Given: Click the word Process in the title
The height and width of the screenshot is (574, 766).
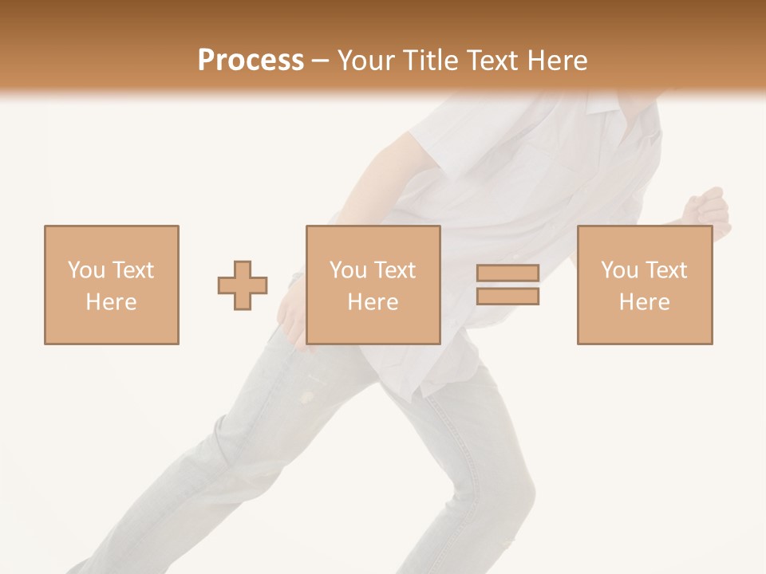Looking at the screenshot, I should coord(251,60).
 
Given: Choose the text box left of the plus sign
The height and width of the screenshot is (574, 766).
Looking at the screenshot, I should coord(111,285).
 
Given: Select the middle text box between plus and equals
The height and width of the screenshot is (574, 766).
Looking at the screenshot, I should coord(373,285).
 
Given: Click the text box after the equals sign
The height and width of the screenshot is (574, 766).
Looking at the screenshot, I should coord(644,285).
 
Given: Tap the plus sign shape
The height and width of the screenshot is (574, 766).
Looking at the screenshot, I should coord(243,285).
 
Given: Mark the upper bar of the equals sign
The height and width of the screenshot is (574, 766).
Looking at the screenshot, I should coord(507,273).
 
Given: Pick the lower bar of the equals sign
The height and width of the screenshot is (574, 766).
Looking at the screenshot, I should coord(507,296).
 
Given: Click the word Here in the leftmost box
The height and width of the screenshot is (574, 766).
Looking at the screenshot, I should coord(111,302).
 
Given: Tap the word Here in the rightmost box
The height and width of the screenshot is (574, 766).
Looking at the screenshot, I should coord(644,302).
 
